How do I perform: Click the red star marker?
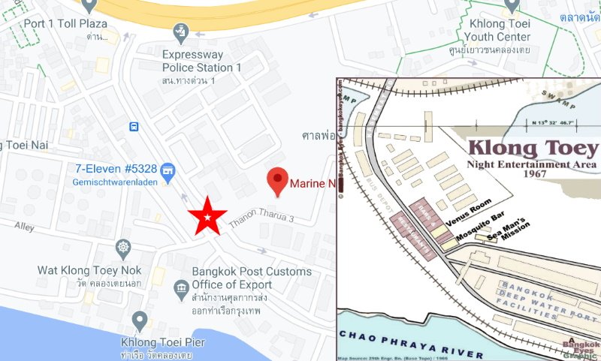coord(207,216)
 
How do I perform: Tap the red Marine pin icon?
coord(279,181)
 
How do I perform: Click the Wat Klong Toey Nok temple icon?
coord(123,247)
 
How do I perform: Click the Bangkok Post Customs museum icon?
coord(180,287)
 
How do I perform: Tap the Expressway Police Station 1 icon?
coord(180,32)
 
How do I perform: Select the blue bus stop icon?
coord(133,126)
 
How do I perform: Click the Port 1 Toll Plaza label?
coord(66,23)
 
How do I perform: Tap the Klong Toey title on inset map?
coord(533,147)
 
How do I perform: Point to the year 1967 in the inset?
coord(532,174)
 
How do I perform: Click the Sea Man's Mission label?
coord(515,229)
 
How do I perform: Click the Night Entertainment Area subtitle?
coord(532,164)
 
